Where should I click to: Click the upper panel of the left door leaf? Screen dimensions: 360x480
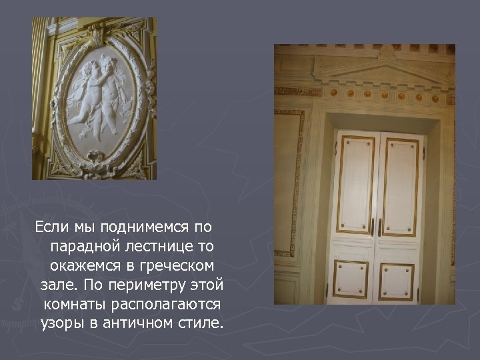coord(355,183)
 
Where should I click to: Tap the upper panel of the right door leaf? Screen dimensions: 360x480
coord(400,185)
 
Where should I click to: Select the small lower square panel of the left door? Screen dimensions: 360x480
coord(351,279)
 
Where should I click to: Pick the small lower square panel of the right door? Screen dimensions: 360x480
coord(397,281)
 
